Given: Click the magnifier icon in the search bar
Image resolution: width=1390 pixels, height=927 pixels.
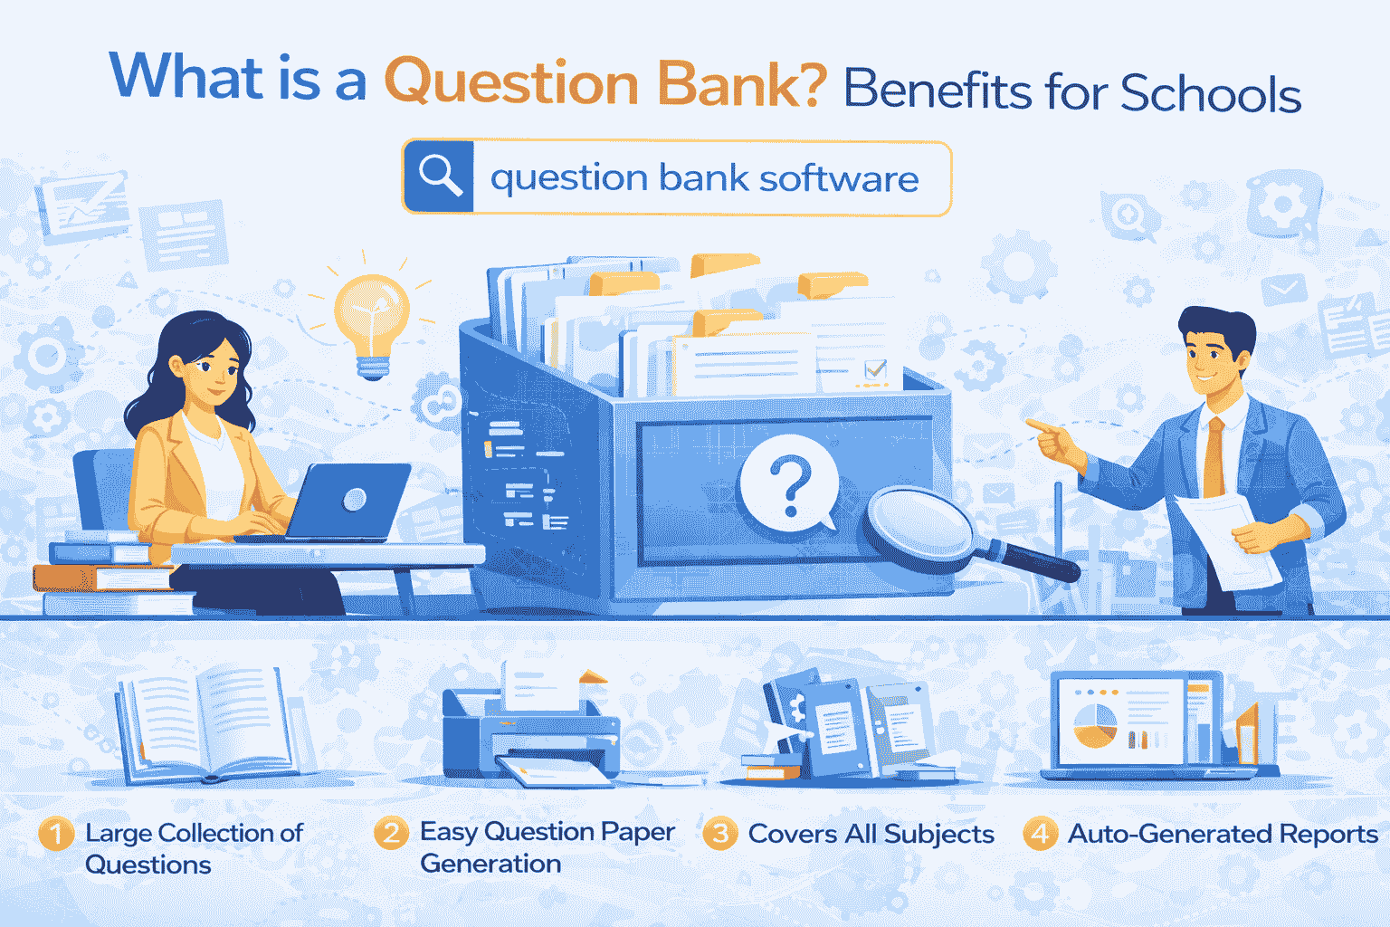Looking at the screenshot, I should [440, 177].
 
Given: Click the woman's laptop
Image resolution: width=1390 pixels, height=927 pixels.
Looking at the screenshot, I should [348, 502].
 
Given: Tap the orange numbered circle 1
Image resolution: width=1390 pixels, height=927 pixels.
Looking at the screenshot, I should [56, 834].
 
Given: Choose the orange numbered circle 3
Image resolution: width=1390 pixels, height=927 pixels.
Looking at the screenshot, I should [720, 834].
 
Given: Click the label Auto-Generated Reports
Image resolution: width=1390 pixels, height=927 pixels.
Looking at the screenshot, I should [1223, 834].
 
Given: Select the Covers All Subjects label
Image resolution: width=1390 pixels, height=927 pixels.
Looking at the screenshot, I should [871, 834].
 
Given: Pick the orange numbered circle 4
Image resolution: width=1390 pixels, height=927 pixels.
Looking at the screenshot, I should [1040, 834].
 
